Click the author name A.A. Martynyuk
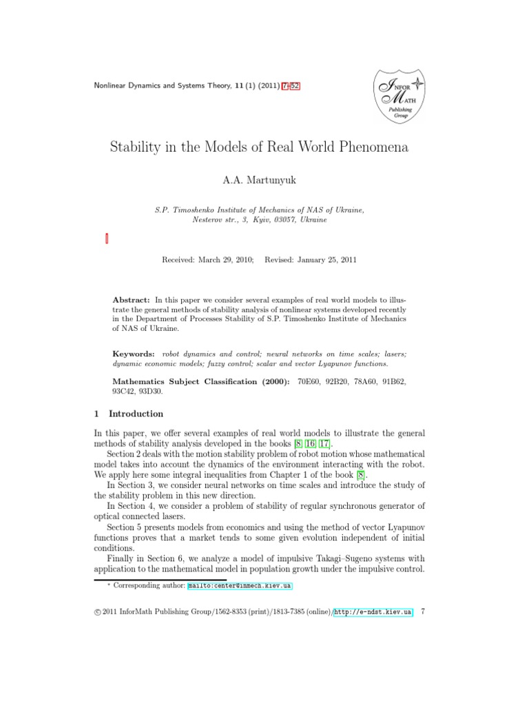click(x=264, y=180)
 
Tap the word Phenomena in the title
click(x=378, y=147)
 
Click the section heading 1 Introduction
click(x=129, y=414)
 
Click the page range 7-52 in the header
click(x=290, y=85)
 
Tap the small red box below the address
click(x=107, y=239)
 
